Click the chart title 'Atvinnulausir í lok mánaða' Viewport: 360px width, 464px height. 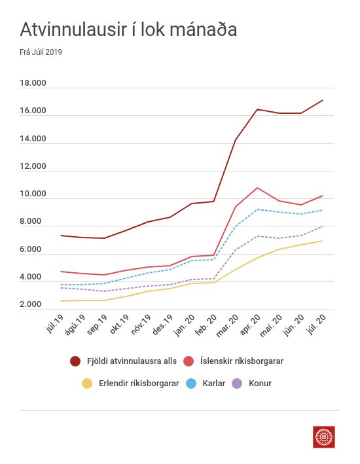pyautogui.click(x=128, y=29)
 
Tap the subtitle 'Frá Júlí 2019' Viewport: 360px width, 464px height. pyautogui.click(x=41, y=52)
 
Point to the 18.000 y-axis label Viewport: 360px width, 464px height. pyautogui.click(x=33, y=83)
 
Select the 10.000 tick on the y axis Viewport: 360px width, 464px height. pyautogui.click(x=33, y=194)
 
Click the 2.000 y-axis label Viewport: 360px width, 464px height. pyautogui.click(x=31, y=304)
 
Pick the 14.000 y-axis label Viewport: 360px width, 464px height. pyautogui.click(x=33, y=139)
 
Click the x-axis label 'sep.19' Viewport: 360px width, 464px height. pyautogui.click(x=97, y=325)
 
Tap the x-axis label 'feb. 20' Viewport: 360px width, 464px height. pyautogui.click(x=206, y=325)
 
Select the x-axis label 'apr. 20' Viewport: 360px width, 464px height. pyautogui.click(x=250, y=325)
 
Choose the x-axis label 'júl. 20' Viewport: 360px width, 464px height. pyautogui.click(x=317, y=324)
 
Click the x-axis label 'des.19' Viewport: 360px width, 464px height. pyautogui.click(x=162, y=325)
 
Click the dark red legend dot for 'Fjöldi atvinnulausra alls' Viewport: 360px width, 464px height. pyautogui.click(x=75, y=361)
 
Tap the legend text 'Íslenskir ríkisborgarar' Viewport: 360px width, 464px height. pyautogui.click(x=242, y=361)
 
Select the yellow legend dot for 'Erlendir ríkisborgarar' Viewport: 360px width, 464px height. pyautogui.click(x=87, y=384)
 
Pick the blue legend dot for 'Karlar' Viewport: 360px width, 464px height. pyautogui.click(x=191, y=384)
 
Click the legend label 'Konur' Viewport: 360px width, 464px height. pyautogui.click(x=260, y=384)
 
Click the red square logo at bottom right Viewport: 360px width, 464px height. pyautogui.click(x=324, y=437)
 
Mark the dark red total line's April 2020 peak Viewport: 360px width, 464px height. pyautogui.click(x=257, y=109)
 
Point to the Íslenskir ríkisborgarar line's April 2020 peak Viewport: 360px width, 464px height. pyautogui.click(x=257, y=188)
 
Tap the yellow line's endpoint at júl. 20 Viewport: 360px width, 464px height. pyautogui.click(x=323, y=241)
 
